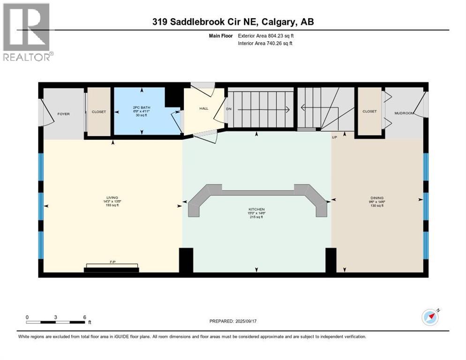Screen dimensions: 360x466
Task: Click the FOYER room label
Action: pos(63,114)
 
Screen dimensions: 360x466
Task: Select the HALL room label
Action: pos(203,108)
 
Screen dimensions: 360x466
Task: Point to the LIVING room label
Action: pos(112,198)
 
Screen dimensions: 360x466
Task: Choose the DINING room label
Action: pos(377,198)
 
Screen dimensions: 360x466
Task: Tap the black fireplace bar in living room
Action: pos(111,269)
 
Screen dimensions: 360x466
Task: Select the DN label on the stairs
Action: pos(228,109)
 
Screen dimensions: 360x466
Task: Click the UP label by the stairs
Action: pos(334,137)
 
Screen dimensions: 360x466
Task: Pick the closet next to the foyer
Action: pos(99,112)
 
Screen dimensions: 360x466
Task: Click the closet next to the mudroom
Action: pos(369,112)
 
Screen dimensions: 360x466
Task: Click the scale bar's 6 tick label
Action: pos(84,317)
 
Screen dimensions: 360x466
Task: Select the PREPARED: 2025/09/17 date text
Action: pos(234,321)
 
